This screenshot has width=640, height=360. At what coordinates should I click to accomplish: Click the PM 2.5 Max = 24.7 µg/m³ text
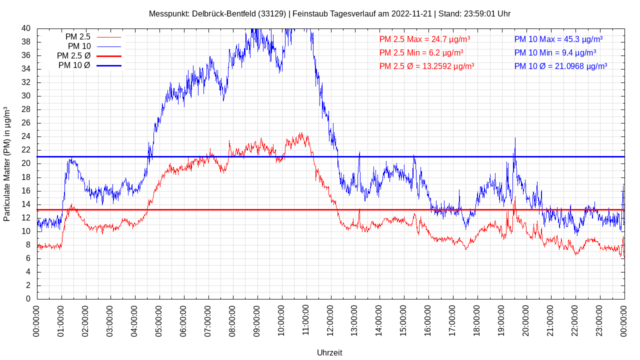[424, 39]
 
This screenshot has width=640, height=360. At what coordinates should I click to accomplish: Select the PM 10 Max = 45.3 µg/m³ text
[558, 39]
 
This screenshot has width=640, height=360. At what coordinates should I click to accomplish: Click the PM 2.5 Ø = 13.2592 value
[426, 66]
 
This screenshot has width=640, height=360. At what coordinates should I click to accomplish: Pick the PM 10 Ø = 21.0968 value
[560, 66]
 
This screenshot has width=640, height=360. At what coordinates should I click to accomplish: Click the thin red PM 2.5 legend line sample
[108, 37]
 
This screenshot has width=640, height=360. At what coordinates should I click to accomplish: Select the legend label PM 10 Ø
[74, 65]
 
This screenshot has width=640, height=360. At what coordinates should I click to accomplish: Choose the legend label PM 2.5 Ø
[73, 56]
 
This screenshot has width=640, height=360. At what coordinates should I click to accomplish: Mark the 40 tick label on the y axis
[26, 28]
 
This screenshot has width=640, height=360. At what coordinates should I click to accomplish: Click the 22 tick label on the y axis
[26, 150]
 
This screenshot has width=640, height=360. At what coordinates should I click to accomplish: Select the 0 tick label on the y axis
[28, 299]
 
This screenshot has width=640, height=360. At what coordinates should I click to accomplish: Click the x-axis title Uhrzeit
[329, 352]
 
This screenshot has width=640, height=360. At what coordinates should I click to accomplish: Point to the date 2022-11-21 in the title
[411, 14]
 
